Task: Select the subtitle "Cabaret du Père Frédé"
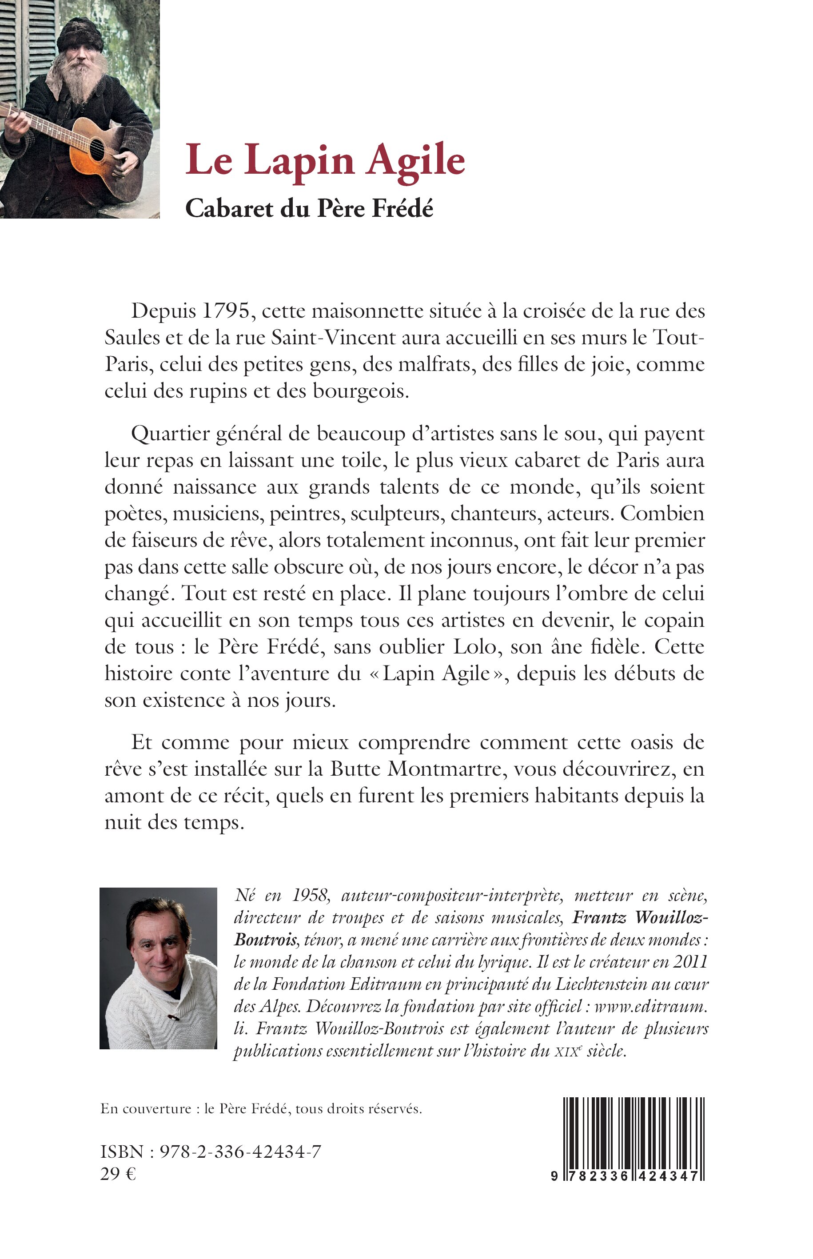tap(309, 209)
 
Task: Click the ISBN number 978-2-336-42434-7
tap(240, 1152)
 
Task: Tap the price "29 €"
tap(118, 1174)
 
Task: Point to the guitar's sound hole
tap(96, 149)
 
